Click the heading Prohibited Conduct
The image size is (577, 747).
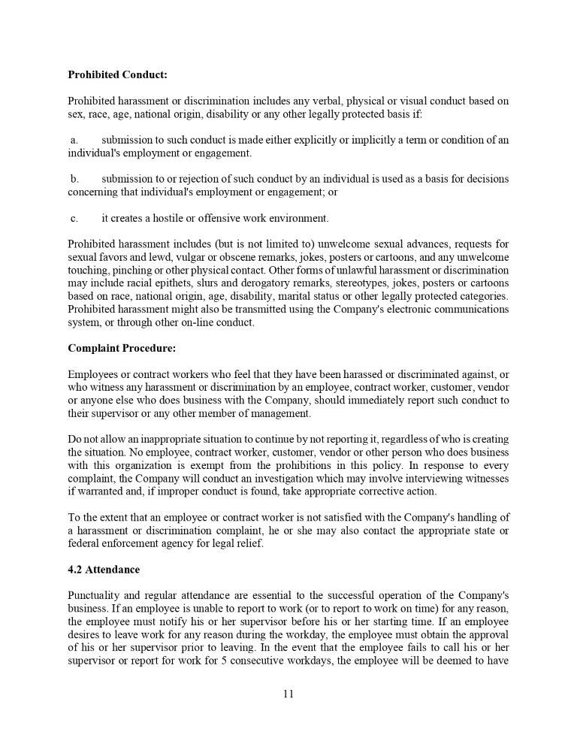pos(117,75)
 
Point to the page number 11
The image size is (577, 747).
pos(288,694)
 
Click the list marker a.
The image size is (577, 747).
pos(74,140)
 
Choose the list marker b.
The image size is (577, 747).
pos(74,179)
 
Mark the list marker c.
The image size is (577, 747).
pos(74,219)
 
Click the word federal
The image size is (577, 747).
pos(83,543)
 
